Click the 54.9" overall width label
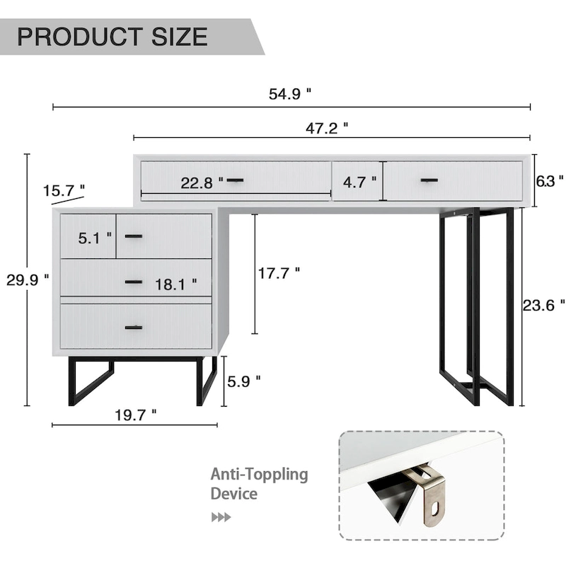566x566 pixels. coord(290,95)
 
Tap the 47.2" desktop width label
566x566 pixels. coord(326,127)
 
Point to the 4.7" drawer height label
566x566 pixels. coord(359,182)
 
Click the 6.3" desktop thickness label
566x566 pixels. coord(550,180)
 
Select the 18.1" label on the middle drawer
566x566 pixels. coord(173,285)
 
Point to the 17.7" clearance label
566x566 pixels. coord(279,272)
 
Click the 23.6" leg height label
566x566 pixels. coord(543,305)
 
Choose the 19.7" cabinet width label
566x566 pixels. coord(135,415)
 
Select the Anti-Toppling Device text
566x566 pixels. coord(259,484)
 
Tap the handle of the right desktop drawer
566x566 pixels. coord(429,180)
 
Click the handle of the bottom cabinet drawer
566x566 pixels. coord(134,327)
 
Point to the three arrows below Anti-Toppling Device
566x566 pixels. coord(221,517)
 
